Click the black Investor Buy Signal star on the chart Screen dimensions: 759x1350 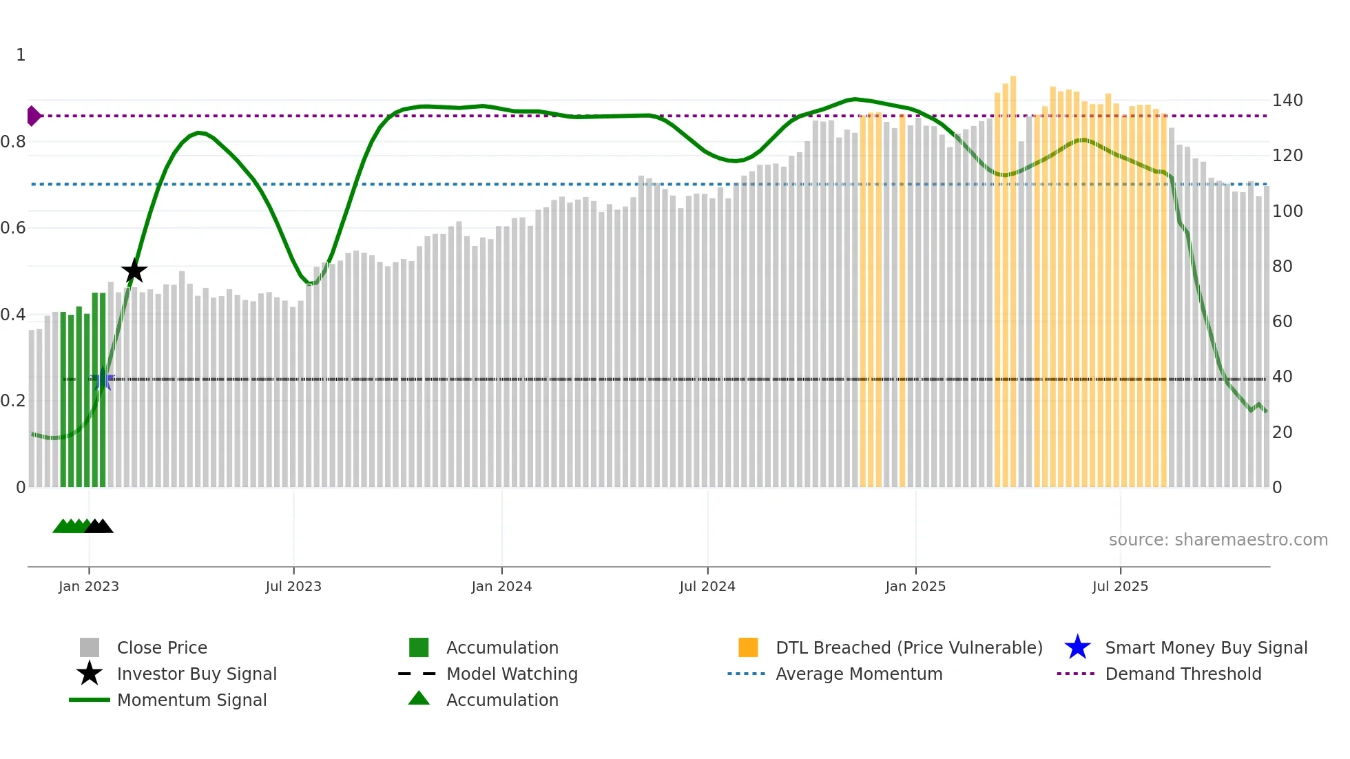coord(134,271)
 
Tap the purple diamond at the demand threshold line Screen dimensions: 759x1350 coord(33,116)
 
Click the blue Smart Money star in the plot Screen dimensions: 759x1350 coord(103,379)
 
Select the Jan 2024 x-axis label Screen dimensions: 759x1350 coord(501,586)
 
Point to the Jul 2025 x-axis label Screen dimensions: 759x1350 coord(1120,586)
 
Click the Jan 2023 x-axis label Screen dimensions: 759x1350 coord(89,586)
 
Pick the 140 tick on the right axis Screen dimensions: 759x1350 coord(1287,101)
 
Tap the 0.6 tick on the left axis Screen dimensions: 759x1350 coord(14,228)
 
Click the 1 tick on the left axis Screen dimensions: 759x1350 coord(21,55)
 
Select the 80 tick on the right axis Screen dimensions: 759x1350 coord(1282,267)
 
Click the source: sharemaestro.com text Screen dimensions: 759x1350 coord(1218,540)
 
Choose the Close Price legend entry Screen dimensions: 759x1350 coord(162,647)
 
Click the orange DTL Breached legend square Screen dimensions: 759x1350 coord(748,647)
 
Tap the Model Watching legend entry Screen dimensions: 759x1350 coord(512,674)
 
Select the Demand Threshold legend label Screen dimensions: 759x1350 coord(1183,674)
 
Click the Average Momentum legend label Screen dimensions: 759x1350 coord(859,674)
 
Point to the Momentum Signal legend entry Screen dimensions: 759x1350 coord(191,700)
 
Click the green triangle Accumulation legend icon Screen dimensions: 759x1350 coord(419,698)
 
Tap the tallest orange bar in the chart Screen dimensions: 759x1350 coord(1013,275)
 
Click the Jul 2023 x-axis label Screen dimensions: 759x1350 coord(293,586)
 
